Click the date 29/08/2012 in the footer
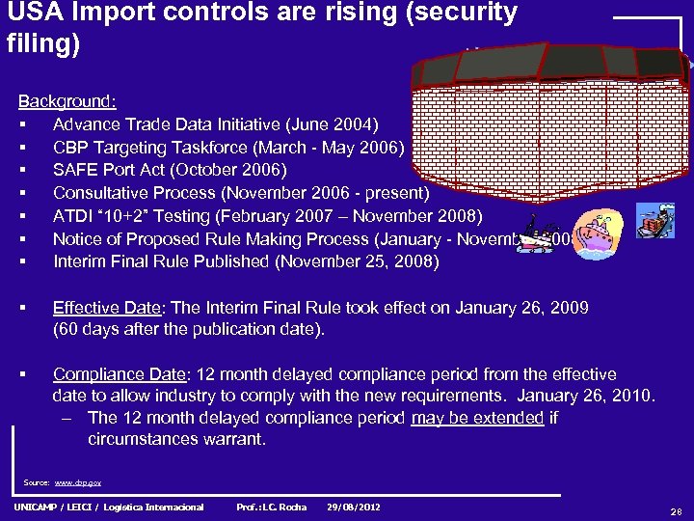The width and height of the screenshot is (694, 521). click(x=354, y=507)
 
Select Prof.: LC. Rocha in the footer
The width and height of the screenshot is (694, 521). click(x=272, y=507)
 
